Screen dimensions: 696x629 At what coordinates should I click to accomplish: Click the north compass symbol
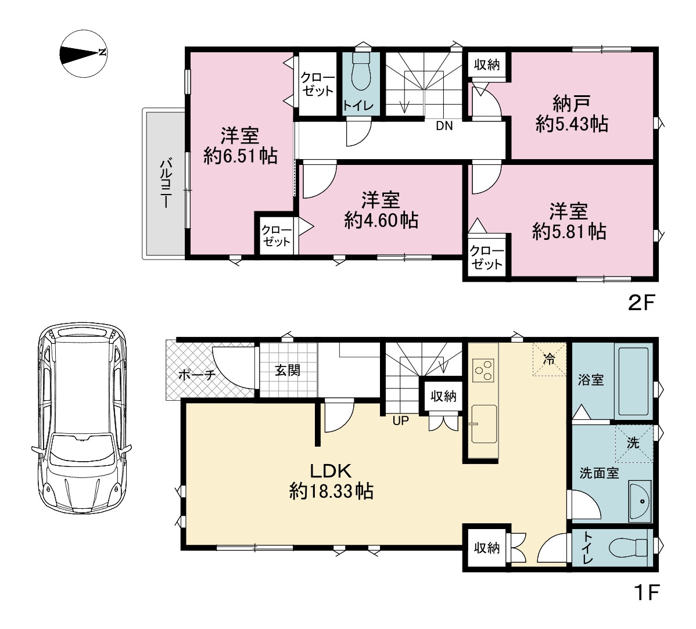tap(84, 53)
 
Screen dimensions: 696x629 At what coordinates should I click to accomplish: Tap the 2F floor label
tap(641, 303)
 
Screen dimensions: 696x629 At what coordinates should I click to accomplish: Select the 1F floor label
tap(647, 592)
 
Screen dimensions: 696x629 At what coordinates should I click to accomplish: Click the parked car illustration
tap(82, 418)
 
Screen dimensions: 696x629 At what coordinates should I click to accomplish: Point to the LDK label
tap(331, 470)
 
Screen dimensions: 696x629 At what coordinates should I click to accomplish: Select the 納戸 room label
tap(571, 104)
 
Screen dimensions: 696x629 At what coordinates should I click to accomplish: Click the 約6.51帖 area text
tap(241, 156)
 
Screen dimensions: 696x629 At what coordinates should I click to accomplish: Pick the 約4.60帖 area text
tap(381, 220)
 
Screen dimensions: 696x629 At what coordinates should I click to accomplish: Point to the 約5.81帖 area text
tap(569, 231)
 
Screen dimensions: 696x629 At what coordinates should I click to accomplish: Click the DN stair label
tap(444, 126)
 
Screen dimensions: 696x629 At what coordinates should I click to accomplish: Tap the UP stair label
tap(400, 421)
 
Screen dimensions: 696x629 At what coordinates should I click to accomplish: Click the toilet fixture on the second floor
tap(361, 73)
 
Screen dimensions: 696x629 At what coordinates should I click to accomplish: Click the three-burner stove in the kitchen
tap(483, 371)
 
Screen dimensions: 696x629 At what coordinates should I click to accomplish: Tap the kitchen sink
tap(483, 424)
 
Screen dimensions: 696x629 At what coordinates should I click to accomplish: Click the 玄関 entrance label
tap(288, 370)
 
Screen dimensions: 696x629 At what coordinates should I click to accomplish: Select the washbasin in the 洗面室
tap(640, 501)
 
